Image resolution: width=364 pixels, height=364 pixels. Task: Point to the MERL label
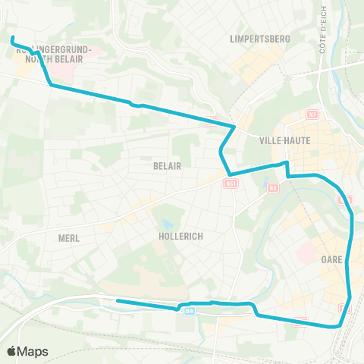pos(68,237)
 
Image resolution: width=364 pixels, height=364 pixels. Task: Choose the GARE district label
pos(331,259)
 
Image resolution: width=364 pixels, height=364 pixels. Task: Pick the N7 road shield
pos(312,115)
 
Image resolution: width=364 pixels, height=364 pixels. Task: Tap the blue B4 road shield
pos(189,309)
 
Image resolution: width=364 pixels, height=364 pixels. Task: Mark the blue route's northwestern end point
pos(12,37)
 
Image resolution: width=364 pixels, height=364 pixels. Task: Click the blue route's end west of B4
pos(118,301)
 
